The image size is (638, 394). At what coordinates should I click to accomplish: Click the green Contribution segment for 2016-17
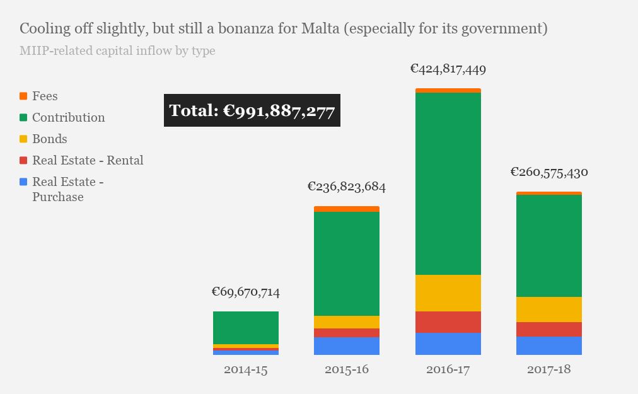[x=448, y=183]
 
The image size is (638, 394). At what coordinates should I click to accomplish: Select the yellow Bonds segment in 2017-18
[x=548, y=309]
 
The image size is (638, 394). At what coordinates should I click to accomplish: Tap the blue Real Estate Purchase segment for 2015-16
[x=346, y=345]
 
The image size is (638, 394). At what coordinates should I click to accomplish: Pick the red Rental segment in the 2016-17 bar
[x=448, y=322]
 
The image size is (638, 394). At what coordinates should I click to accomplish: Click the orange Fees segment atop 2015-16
[x=346, y=209]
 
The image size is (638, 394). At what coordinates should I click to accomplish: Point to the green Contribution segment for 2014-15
[x=245, y=327]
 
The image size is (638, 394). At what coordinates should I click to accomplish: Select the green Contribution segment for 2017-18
[x=548, y=245]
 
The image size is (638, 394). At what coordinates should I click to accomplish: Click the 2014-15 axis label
[x=245, y=369]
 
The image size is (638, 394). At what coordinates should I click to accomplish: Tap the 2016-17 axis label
[x=448, y=369]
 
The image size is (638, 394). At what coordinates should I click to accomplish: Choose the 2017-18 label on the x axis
[x=548, y=369]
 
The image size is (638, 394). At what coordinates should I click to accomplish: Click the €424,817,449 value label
[x=448, y=69]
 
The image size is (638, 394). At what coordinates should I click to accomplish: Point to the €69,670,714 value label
[x=245, y=292]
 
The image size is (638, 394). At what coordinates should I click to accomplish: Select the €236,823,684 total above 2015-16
[x=346, y=187]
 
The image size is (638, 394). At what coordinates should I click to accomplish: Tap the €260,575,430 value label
[x=548, y=172]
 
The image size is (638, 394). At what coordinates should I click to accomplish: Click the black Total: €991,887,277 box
[x=252, y=110]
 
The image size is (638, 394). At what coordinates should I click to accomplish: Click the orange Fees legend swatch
[x=23, y=96]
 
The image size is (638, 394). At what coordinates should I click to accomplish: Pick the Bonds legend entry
[x=49, y=139]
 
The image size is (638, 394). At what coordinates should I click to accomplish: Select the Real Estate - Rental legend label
[x=88, y=160]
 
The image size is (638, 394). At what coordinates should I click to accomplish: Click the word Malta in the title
[x=321, y=28]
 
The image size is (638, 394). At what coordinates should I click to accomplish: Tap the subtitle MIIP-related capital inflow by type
[x=117, y=50]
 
